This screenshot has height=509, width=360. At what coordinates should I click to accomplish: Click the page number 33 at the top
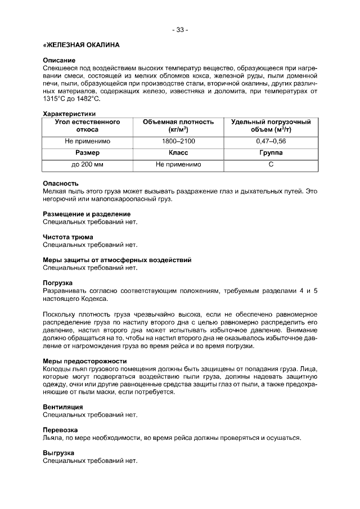pyautogui.click(x=180, y=30)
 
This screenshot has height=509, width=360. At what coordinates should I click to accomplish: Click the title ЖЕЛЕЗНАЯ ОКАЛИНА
pyautogui.click(x=81, y=44)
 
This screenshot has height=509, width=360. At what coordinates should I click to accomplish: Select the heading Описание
pyautogui.click(x=59, y=60)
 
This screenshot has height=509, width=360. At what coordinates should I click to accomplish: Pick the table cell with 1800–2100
pyautogui.click(x=178, y=141)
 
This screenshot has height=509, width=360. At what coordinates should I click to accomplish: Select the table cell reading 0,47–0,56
pyautogui.click(x=271, y=141)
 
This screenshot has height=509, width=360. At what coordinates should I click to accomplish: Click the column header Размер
pyautogui.click(x=87, y=152)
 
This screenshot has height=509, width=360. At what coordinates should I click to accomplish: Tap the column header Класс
pyautogui.click(x=178, y=152)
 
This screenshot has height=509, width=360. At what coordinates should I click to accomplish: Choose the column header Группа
pyautogui.click(x=271, y=152)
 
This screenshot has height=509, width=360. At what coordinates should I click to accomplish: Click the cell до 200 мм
pyautogui.click(x=87, y=164)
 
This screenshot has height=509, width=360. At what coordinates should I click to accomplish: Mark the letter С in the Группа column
pyautogui.click(x=271, y=164)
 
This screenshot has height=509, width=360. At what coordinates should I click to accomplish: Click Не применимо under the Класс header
pyautogui.click(x=178, y=164)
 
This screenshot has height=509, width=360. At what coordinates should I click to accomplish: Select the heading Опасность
pyautogui.click(x=61, y=183)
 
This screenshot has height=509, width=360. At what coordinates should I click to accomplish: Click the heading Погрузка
pyautogui.click(x=58, y=283)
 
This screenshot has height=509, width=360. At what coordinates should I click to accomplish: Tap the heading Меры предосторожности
pyautogui.click(x=85, y=361)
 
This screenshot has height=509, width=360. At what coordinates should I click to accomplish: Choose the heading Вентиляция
pyautogui.click(x=63, y=407)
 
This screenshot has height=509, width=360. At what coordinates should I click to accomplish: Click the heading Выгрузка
pyautogui.click(x=58, y=453)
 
